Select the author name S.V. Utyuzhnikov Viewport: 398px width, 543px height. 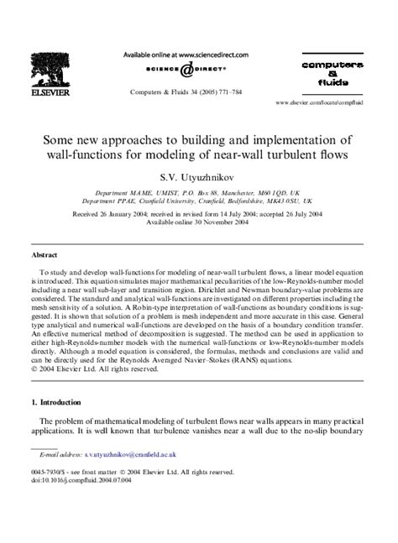click(198, 177)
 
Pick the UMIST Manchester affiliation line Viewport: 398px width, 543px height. click(198, 192)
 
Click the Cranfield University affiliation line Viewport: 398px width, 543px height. click(198, 201)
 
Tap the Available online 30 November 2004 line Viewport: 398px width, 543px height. click(198, 224)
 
